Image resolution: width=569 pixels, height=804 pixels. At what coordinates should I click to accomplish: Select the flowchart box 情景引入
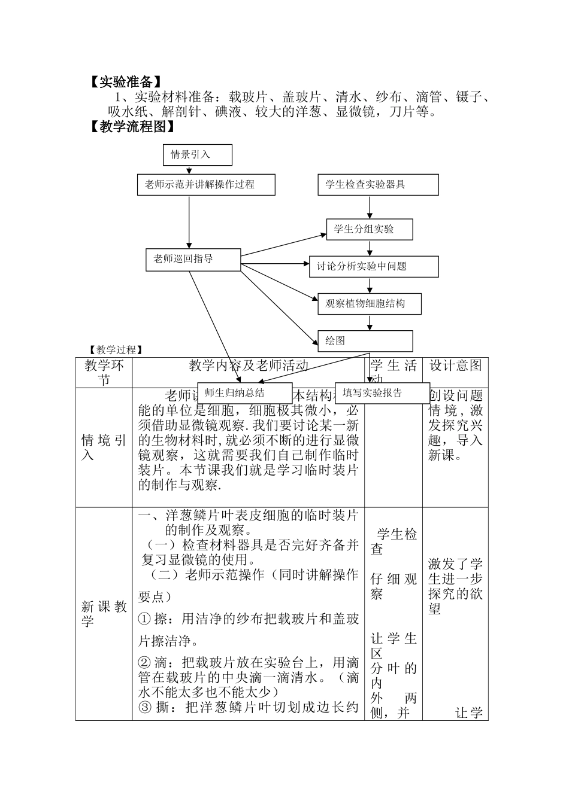(x=197, y=155)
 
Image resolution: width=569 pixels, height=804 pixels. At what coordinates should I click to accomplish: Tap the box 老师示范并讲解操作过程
(x=206, y=185)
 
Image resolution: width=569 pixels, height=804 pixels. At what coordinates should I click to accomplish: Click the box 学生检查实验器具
(x=378, y=185)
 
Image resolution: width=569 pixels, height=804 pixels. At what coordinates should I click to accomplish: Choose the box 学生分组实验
(x=370, y=229)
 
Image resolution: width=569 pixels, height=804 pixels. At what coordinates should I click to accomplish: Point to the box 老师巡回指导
(x=193, y=260)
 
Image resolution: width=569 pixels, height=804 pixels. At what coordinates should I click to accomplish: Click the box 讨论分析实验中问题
(x=374, y=267)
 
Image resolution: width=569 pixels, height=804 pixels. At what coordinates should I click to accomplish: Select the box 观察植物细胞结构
(x=369, y=304)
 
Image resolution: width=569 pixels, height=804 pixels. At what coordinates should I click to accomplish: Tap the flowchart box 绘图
(x=365, y=341)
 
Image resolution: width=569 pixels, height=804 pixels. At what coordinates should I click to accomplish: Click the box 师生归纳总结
(x=244, y=393)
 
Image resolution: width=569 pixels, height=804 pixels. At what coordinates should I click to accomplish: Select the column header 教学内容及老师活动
(x=249, y=366)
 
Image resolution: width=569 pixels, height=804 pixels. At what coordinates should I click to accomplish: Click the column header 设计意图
(x=455, y=366)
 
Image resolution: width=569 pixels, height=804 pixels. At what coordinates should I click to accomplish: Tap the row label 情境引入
(x=104, y=447)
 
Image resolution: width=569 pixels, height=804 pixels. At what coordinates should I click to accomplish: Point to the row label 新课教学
(x=104, y=614)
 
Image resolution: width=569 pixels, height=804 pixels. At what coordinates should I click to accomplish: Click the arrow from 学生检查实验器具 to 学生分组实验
(x=370, y=207)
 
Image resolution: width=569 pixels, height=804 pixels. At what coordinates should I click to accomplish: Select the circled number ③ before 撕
(x=144, y=708)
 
